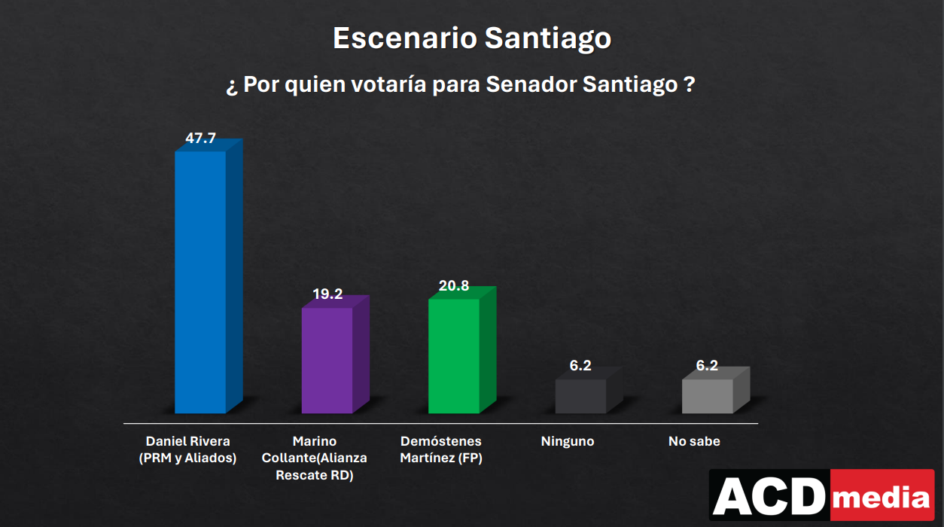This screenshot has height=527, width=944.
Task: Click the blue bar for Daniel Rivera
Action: pos(200,282)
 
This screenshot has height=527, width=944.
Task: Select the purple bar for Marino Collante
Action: pos(327,360)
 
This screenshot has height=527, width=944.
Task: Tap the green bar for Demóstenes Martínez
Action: pos(454,355)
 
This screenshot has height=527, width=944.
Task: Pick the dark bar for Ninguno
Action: pos(580,396)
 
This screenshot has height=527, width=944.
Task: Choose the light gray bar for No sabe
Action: pos(708,396)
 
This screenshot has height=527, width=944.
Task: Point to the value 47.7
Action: pos(200,139)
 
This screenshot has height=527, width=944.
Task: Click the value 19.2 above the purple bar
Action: pos(327,294)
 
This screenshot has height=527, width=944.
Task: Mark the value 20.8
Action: pos(454,286)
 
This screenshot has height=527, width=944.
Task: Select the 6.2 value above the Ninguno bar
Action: pos(580,366)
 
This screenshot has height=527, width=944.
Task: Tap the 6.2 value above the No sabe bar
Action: pos(707,366)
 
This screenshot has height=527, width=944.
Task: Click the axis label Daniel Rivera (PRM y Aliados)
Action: pos(188,449)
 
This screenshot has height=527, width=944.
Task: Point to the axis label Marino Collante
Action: pos(315,458)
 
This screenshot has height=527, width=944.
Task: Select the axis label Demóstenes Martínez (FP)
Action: pos(441,449)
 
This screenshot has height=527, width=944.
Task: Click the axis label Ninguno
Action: pos(568,442)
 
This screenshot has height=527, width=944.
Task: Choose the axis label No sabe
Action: pos(694,442)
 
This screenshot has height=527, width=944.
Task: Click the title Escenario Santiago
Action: pos(472,38)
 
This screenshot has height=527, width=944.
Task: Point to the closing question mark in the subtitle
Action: pos(689,84)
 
